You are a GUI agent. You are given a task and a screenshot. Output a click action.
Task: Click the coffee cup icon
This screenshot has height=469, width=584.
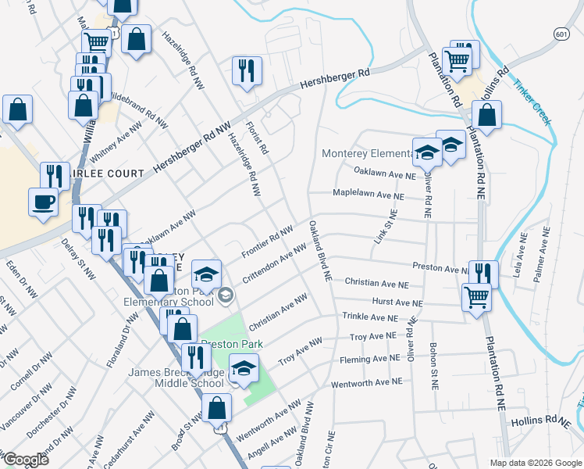pyautogui.click(x=44, y=202)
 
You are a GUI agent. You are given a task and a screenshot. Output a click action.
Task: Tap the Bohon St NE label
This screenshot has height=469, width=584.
pyautogui.click(x=433, y=366)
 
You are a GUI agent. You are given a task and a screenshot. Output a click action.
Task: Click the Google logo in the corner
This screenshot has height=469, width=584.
pyautogui.click(x=25, y=460)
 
